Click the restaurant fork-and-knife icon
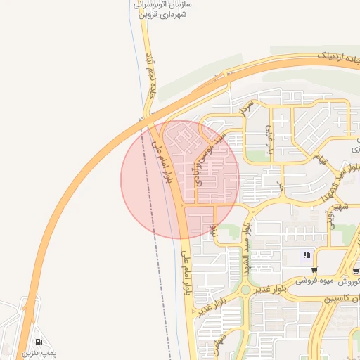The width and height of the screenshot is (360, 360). coord(307,255)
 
